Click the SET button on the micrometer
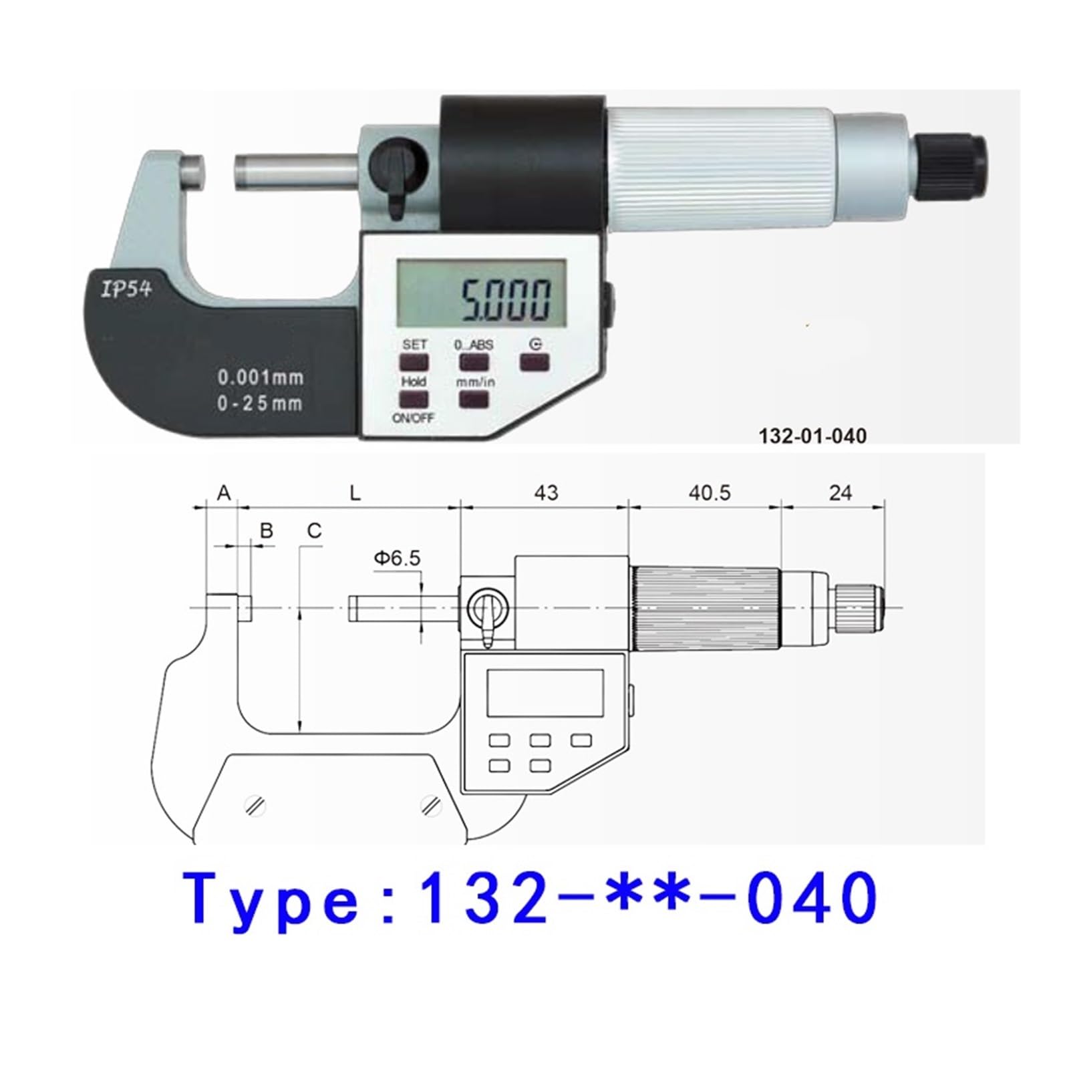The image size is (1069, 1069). (414, 362)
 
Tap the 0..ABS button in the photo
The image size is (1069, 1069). (474, 362)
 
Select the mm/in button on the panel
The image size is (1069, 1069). (474, 399)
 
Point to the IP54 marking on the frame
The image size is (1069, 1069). (126, 289)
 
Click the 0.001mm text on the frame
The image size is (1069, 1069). (261, 377)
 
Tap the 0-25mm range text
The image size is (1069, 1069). (260, 404)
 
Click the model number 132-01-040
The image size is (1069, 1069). (812, 436)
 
